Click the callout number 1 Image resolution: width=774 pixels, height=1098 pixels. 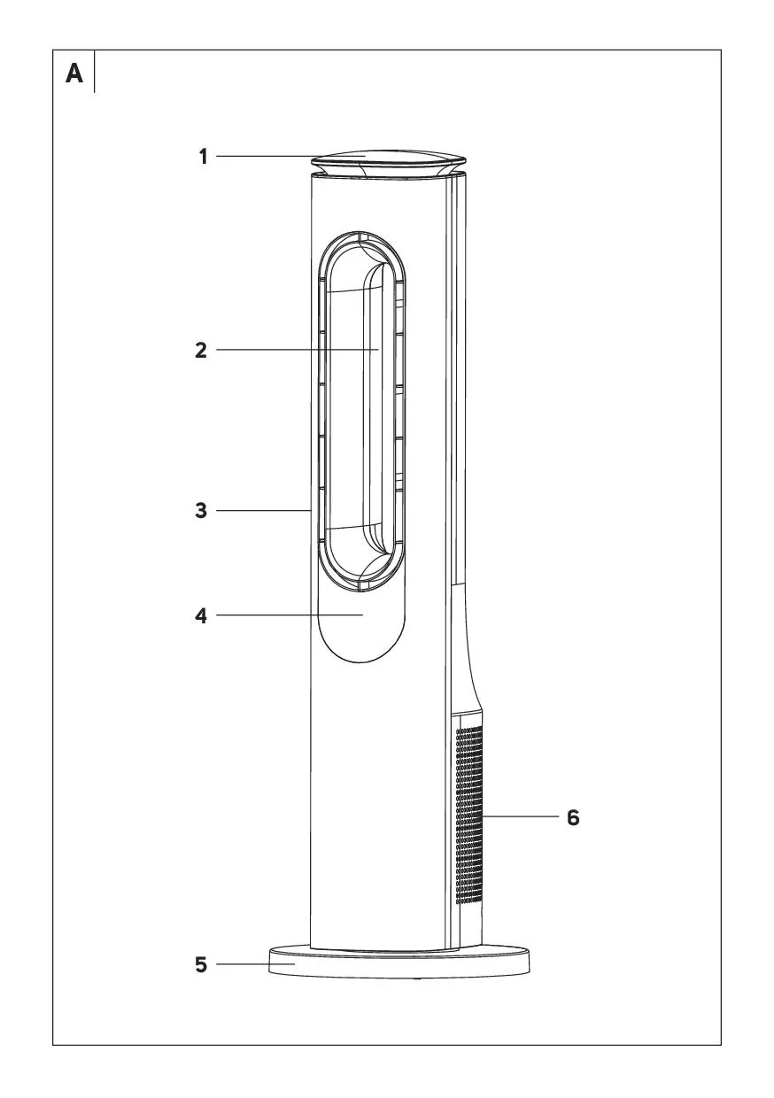pyautogui.click(x=204, y=158)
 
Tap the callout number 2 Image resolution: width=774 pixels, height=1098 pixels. pyautogui.click(x=201, y=351)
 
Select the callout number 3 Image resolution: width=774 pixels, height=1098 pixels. pyautogui.click(x=201, y=511)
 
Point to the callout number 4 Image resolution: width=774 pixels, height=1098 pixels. pyautogui.click(x=201, y=616)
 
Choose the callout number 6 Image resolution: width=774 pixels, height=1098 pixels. pyautogui.click(x=573, y=817)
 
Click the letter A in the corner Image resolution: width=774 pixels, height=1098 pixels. pyautogui.click(x=74, y=74)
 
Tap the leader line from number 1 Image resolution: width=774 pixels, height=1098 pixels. pyautogui.click(x=291, y=157)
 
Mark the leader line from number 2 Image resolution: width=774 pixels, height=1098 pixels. pyautogui.click(x=297, y=350)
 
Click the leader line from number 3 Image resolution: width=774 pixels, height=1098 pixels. pyautogui.click(x=263, y=511)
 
